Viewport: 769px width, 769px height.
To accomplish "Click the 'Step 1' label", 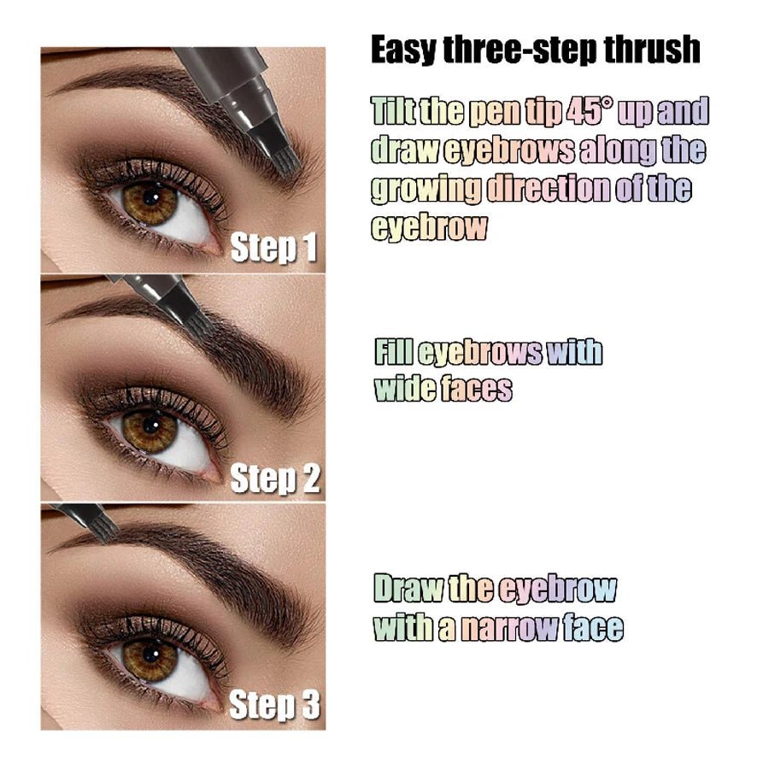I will (274, 249).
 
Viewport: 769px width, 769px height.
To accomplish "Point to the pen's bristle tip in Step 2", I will (195, 316).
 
